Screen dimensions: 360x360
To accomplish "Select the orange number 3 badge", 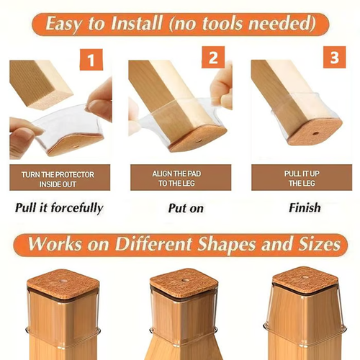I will point(334,57).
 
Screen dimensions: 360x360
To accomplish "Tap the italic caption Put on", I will point(180,209).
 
